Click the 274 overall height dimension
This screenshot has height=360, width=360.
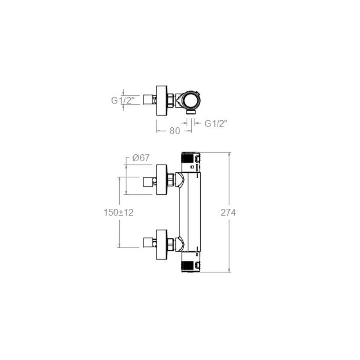228,213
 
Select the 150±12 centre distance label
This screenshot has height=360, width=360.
118,212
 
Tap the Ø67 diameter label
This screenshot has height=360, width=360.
141,158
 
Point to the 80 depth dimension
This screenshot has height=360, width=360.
175,131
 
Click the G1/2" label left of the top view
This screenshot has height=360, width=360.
123,100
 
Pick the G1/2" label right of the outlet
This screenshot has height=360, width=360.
216,124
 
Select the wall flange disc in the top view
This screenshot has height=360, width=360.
162,100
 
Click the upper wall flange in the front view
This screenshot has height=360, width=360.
162,180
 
